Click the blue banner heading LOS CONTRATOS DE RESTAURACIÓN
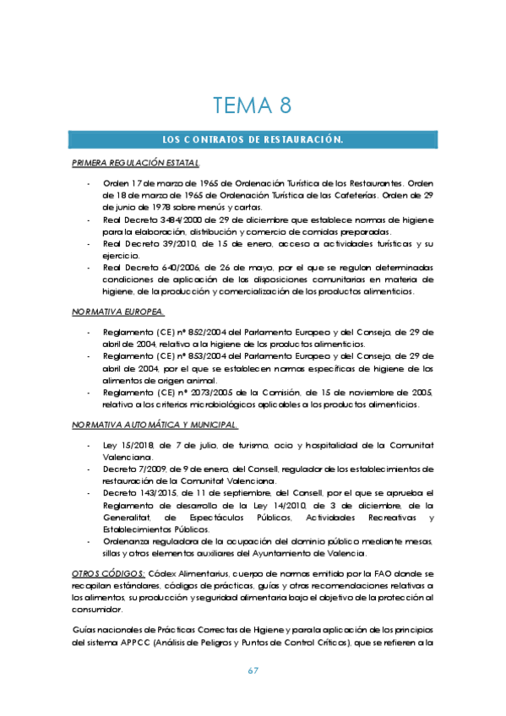tap(253, 139)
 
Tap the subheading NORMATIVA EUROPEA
tap(118, 312)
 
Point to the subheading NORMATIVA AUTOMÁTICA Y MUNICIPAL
tap(155, 424)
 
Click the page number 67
tap(253, 670)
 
